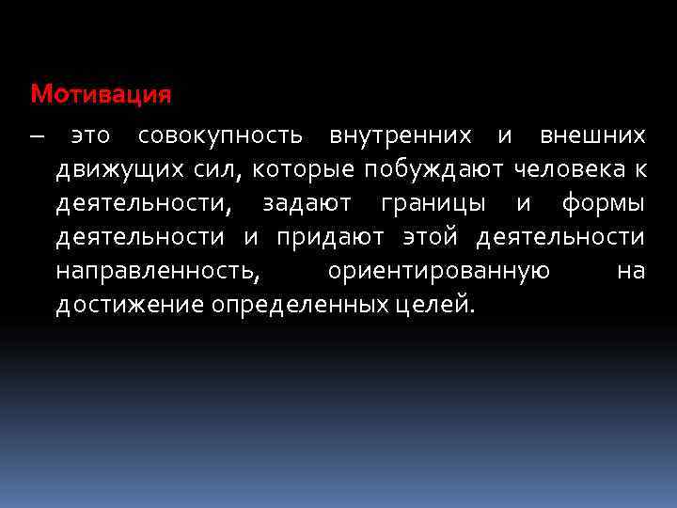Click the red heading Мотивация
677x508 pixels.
point(101,94)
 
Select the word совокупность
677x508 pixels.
point(220,136)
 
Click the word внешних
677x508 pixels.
point(592,136)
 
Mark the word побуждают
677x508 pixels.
point(437,170)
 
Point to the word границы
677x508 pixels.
point(435,203)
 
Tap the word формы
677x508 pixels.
point(603,203)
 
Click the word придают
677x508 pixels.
point(335,237)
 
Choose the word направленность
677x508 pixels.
point(156,271)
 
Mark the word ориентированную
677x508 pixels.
point(438,271)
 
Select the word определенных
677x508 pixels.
point(299,305)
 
